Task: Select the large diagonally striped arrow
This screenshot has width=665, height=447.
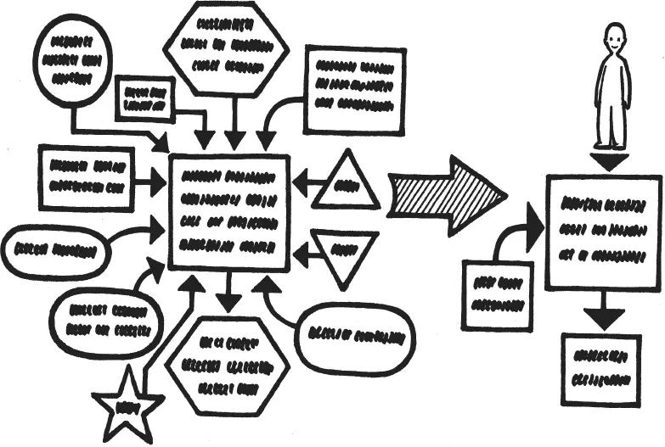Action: (446, 194)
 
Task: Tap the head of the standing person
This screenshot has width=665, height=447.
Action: (614, 38)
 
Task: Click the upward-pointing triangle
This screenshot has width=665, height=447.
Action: (346, 183)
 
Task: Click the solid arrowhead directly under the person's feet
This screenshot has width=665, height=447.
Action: (610, 161)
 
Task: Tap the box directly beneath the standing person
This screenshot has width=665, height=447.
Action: (602, 232)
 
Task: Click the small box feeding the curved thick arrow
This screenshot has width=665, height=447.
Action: (497, 294)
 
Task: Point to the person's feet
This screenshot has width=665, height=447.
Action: (611, 144)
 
